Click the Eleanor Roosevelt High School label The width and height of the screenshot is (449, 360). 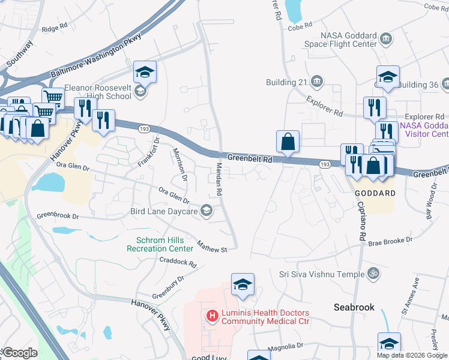(98, 91)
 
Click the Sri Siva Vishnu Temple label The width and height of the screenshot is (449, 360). (321, 274)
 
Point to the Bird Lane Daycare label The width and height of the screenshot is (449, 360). (164, 211)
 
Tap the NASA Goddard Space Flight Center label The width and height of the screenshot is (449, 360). (348, 40)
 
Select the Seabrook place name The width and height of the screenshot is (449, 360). (354, 307)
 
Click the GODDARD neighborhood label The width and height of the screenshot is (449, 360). (375, 193)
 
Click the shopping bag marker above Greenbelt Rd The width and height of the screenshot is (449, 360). (288, 142)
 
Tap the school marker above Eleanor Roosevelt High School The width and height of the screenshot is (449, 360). (145, 72)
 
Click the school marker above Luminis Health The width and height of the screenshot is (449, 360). (243, 284)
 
